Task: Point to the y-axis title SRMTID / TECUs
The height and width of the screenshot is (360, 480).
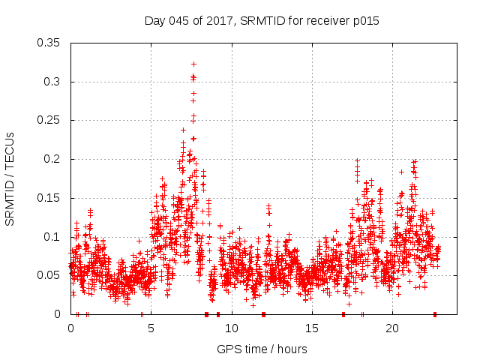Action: tap(10, 179)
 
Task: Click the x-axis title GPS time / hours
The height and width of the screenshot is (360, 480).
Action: tap(262, 349)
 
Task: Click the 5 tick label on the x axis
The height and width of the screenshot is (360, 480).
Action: tap(151, 328)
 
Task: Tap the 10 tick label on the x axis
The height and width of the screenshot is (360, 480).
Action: tap(231, 328)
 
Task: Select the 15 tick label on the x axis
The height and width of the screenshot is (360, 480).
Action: tap(311, 328)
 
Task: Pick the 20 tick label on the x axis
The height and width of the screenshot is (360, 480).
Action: tap(391, 328)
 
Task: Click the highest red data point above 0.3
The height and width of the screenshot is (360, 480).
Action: tap(193, 64)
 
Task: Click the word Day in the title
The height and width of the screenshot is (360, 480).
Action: tap(154, 21)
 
